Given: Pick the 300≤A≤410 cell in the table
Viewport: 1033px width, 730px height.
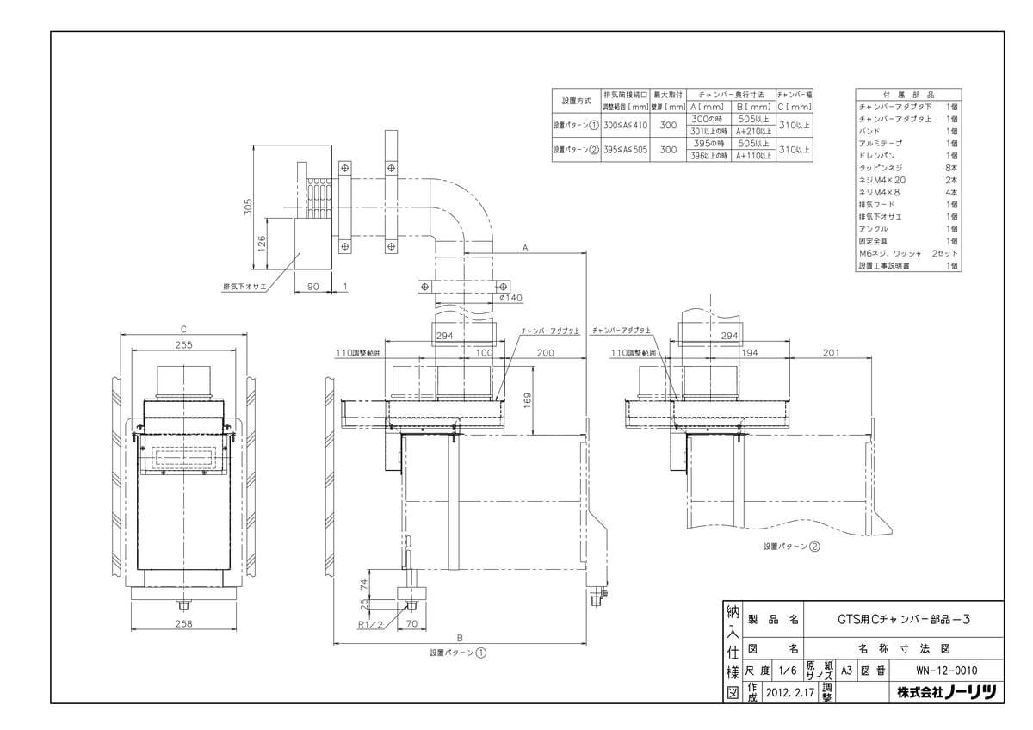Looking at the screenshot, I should pyautogui.click(x=625, y=124).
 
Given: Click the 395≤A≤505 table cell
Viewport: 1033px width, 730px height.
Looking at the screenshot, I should pyautogui.click(x=625, y=150).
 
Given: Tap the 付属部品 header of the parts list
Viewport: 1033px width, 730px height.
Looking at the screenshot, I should pyautogui.click(x=908, y=93).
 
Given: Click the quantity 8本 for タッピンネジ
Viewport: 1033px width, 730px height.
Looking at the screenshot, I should pyautogui.click(x=951, y=168).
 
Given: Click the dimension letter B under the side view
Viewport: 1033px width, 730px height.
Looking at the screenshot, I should pyautogui.click(x=461, y=637).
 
